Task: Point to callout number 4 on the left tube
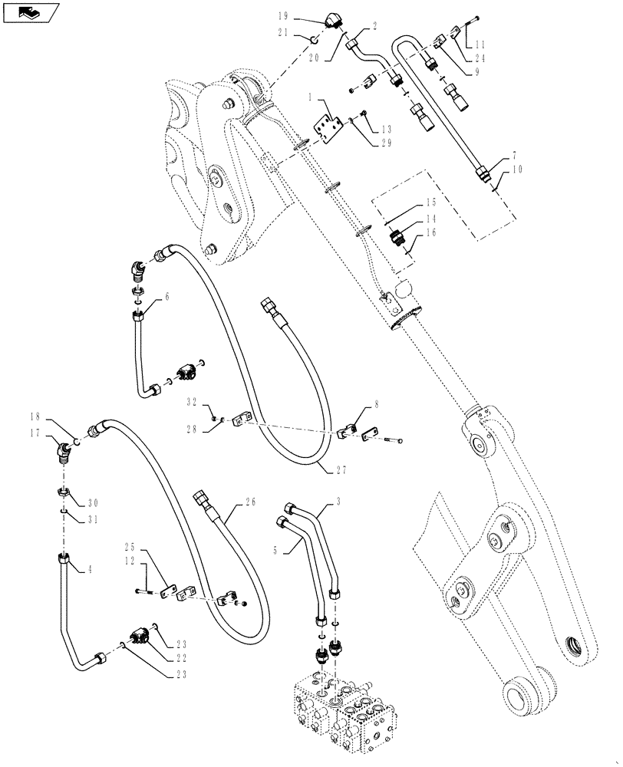point(91,569)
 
